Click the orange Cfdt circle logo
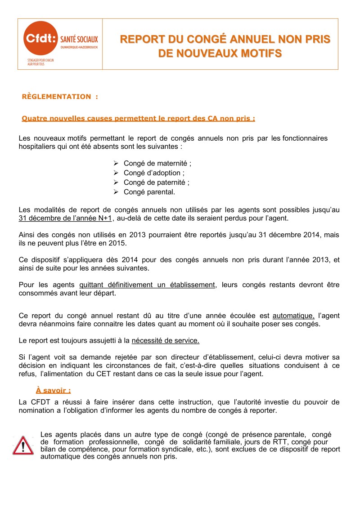tap(41, 39)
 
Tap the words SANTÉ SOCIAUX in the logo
tap(79, 40)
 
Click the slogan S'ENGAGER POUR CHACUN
tap(40, 60)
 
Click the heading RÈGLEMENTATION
tap(56, 96)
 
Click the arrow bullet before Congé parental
tap(115, 192)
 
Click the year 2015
tap(118, 243)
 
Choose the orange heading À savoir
tap(53, 390)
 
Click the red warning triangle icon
tap(23, 445)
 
